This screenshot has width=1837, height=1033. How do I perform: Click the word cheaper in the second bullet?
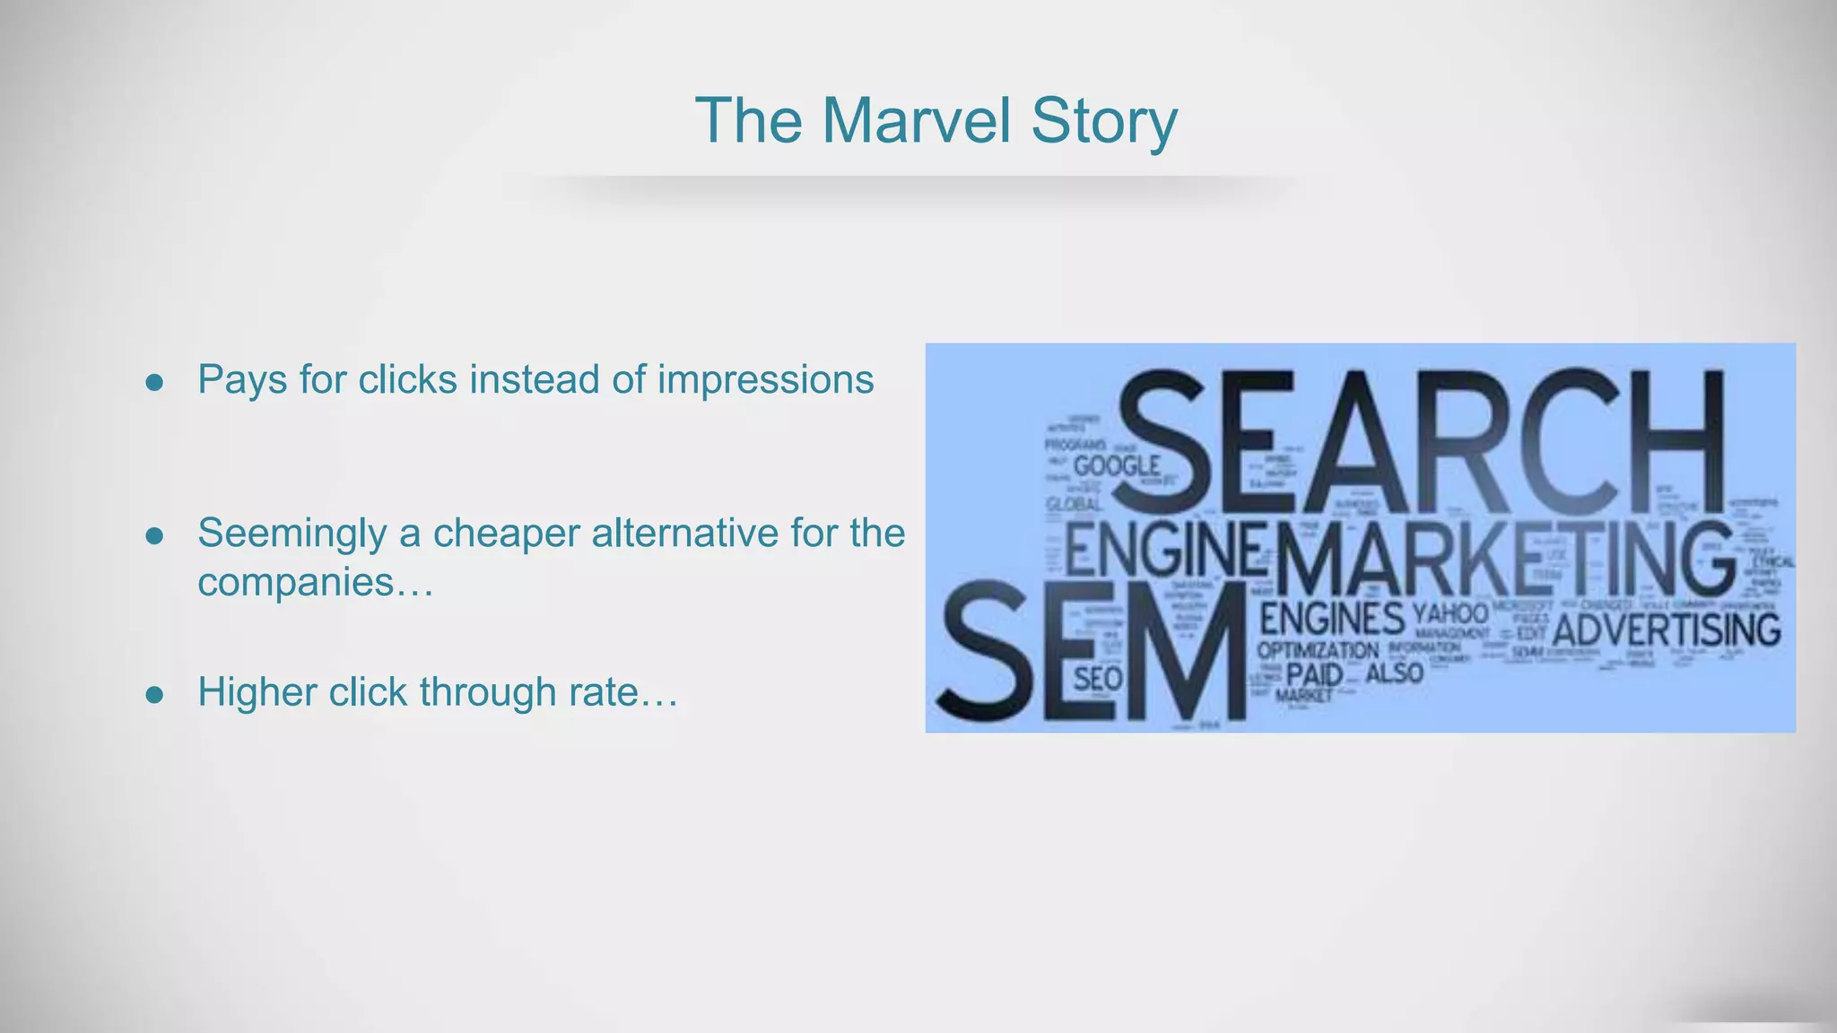506,534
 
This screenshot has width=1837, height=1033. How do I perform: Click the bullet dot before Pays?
154,383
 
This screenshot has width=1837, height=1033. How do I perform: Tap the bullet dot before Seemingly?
154,536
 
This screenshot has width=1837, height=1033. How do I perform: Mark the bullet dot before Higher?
154,695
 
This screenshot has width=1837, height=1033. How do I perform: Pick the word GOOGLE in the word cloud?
1117,466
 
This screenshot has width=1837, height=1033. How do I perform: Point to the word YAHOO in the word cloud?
1450,614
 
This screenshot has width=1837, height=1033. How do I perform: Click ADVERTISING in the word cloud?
1667,630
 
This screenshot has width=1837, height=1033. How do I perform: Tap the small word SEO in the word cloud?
1098,679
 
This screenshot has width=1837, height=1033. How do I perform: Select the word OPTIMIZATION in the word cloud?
1318,650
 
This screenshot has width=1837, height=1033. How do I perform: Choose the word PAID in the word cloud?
1314,673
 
